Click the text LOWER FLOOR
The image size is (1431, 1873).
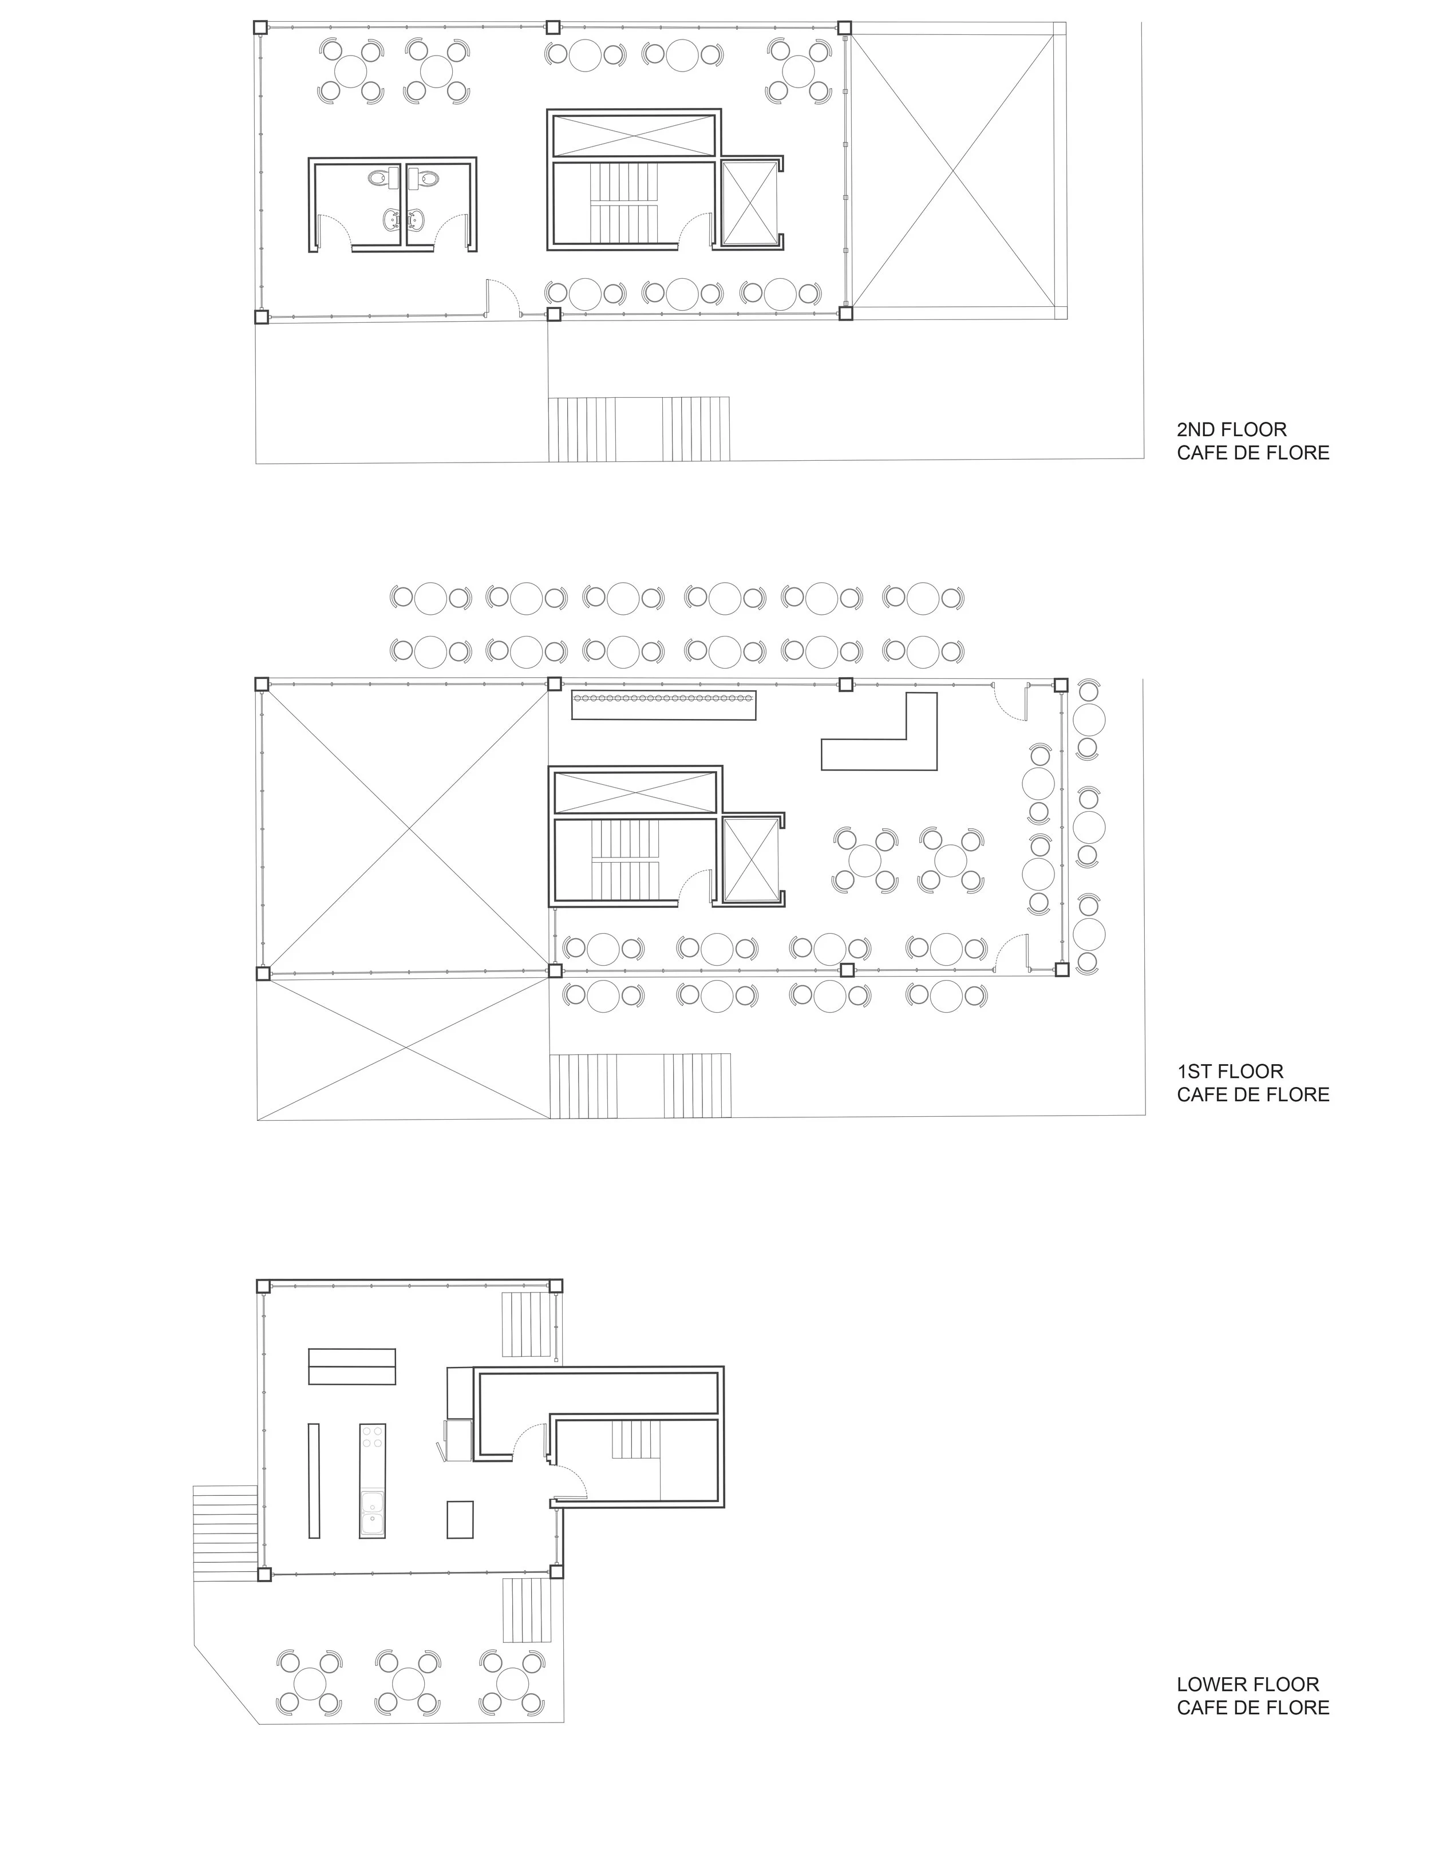click(1247, 1684)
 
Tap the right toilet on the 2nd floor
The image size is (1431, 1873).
click(425, 179)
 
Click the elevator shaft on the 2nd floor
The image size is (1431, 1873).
click(750, 203)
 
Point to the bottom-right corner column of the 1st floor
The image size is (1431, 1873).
click(1061, 969)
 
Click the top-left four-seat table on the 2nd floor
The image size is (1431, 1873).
click(350, 70)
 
